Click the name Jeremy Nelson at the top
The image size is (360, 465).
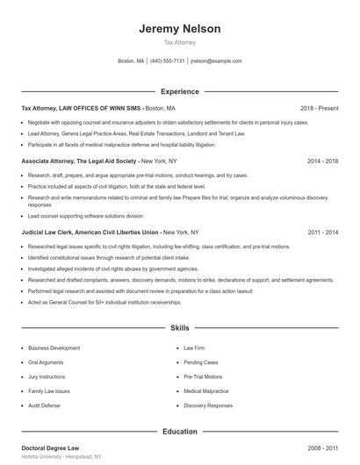point(179,29)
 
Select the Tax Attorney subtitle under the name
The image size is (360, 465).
point(179,42)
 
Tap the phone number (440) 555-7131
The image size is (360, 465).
point(167,61)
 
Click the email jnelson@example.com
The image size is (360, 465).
point(216,61)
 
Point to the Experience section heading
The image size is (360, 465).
point(179,91)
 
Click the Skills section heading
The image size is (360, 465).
point(179,327)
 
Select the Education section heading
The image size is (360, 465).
point(179,432)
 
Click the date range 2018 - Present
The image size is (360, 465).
point(319,109)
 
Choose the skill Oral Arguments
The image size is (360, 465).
point(45,362)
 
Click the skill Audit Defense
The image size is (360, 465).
point(43,405)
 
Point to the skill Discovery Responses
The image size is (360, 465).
point(208,405)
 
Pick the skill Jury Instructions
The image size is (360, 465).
point(46,376)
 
